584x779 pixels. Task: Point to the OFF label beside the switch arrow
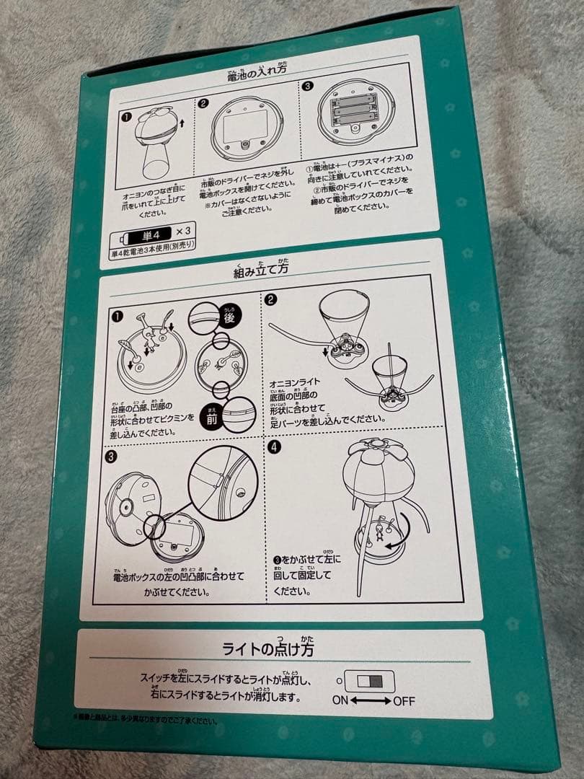tap(403, 701)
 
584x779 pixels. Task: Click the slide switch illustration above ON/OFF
tap(370, 681)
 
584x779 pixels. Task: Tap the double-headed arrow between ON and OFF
tap(373, 700)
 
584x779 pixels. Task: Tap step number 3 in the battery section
tap(308, 86)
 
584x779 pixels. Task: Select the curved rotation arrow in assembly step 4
tap(402, 532)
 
